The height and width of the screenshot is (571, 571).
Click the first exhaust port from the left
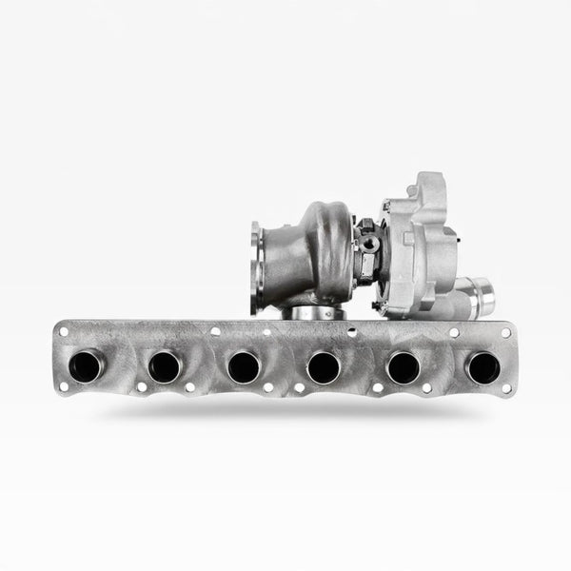pyautogui.click(x=86, y=365)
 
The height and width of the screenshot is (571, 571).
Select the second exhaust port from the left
pyautogui.click(x=165, y=365)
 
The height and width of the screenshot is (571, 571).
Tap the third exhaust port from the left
pyautogui.click(x=244, y=366)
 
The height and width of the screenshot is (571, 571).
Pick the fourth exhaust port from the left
pyautogui.click(x=324, y=366)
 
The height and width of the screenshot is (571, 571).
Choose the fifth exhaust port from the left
pyautogui.click(x=404, y=366)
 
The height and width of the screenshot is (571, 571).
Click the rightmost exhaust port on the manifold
pyautogui.click(x=482, y=366)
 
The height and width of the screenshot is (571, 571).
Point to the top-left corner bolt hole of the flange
pyautogui.click(x=64, y=331)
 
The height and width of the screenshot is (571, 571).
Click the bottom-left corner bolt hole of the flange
pyautogui.click(x=64, y=387)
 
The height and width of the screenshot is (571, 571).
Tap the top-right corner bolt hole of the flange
pyautogui.click(x=505, y=332)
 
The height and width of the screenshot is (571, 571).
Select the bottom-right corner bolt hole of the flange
pyautogui.click(x=505, y=387)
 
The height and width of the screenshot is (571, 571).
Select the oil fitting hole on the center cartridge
pyautogui.click(x=369, y=244)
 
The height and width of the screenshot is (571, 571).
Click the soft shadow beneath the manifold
pyautogui.click(x=285, y=411)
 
